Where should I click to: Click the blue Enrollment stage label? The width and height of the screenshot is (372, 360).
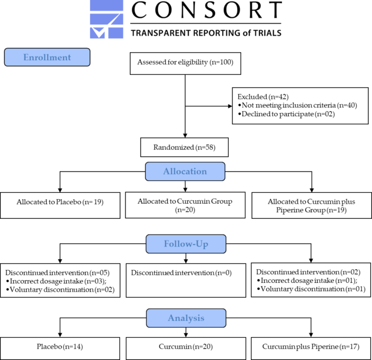(x=47, y=57)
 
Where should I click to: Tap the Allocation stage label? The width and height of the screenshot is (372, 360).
(x=185, y=172)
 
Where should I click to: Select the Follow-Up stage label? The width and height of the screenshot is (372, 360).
(x=186, y=244)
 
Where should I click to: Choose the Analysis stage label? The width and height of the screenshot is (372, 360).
(x=186, y=318)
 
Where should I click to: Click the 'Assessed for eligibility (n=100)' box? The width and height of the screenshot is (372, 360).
(x=185, y=64)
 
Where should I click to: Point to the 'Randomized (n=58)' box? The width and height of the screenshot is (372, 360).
(x=184, y=147)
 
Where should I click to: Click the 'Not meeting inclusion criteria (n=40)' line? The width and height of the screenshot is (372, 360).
(x=298, y=105)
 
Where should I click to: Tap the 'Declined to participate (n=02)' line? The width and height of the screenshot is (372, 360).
(x=286, y=114)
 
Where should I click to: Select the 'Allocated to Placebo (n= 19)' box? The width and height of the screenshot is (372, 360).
(x=60, y=205)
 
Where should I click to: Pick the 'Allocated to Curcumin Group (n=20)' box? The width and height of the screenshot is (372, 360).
(x=185, y=205)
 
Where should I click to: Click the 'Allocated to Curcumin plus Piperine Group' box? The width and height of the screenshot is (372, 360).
(x=312, y=205)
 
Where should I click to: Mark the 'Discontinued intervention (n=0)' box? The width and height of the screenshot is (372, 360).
(x=186, y=280)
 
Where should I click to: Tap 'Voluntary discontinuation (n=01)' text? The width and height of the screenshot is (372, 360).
(x=311, y=289)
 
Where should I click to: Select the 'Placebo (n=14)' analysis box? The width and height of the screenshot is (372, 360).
(x=60, y=349)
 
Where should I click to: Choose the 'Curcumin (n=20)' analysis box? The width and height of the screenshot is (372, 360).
(x=186, y=349)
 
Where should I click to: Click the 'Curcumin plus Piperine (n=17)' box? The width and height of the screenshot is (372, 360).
(x=311, y=349)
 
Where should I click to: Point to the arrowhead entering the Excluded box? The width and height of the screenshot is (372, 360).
(x=230, y=106)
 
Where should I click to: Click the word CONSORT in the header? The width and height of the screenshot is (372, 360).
(x=206, y=10)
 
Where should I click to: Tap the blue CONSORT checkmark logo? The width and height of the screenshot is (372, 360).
(x=106, y=19)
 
